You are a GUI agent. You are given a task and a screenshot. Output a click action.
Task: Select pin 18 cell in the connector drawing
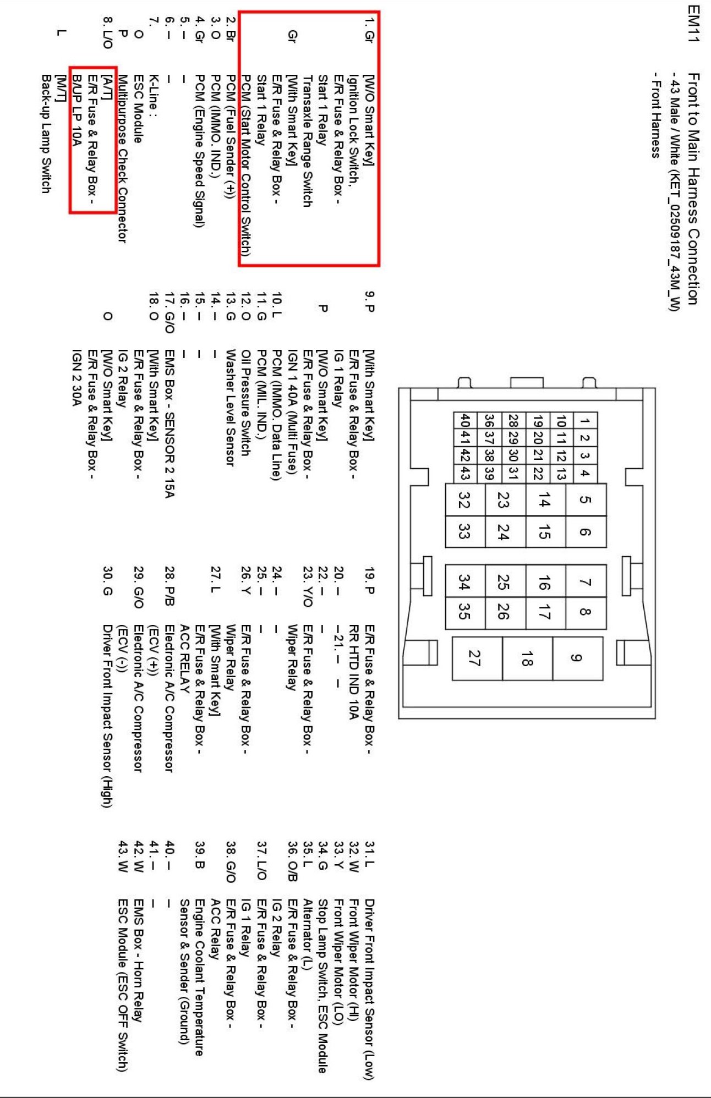(527, 658)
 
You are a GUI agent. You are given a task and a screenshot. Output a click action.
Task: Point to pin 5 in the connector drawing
(586, 499)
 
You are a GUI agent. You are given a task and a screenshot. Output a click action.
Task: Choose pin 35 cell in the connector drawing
(464, 612)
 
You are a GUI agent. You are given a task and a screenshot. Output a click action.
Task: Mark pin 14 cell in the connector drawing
(545, 499)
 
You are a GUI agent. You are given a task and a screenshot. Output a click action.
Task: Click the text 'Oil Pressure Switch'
(246, 403)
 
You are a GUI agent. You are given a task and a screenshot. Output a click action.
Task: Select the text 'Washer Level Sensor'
(231, 408)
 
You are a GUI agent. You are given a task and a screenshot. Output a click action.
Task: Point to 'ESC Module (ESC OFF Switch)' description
(123, 985)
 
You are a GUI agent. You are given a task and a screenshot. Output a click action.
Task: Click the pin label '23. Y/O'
(308, 586)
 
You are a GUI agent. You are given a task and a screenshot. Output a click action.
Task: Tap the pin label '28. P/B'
(169, 586)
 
